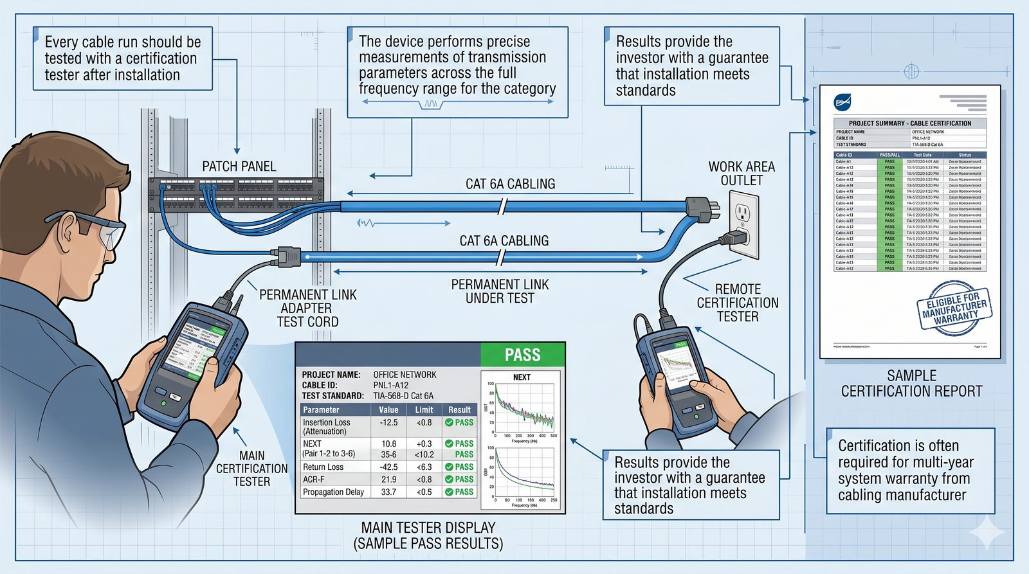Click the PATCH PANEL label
click(x=239, y=166)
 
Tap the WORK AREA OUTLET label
click(x=742, y=174)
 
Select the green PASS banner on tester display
click(x=522, y=355)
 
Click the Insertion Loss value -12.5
click(x=388, y=423)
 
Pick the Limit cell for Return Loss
click(x=424, y=467)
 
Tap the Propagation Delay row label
click(x=333, y=492)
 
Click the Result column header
click(x=459, y=409)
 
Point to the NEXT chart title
click(x=522, y=377)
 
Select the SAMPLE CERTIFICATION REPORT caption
click(x=911, y=384)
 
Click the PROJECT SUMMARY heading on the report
click(x=909, y=123)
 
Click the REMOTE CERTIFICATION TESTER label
click(x=738, y=303)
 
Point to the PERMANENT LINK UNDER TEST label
click(x=500, y=291)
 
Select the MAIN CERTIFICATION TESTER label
click(x=251, y=469)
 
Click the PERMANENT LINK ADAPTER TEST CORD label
click(x=307, y=308)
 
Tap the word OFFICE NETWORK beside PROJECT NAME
click(x=405, y=375)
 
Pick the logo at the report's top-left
click(x=842, y=102)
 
